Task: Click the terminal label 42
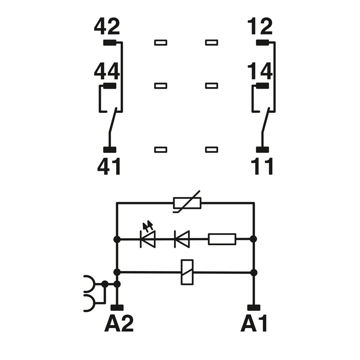(x=107, y=27)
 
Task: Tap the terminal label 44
(x=107, y=71)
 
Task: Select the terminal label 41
(x=109, y=166)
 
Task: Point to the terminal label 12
(x=260, y=27)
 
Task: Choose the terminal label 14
(x=260, y=71)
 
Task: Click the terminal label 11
(x=262, y=166)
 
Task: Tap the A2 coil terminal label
(x=119, y=323)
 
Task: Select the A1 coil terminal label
(x=254, y=323)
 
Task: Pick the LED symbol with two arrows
(x=148, y=237)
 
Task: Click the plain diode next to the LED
(x=182, y=239)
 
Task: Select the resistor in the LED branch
(x=222, y=239)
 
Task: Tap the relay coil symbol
(x=187, y=272)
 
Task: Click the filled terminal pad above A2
(x=117, y=308)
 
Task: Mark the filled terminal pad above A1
(x=254, y=308)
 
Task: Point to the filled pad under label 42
(x=110, y=42)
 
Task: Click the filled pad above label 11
(x=262, y=150)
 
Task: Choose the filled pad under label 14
(x=262, y=85)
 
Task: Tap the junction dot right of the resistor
(x=253, y=239)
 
